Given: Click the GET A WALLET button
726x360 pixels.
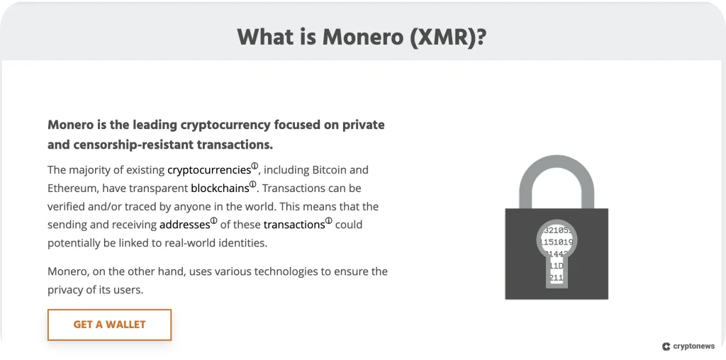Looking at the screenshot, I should [x=109, y=325].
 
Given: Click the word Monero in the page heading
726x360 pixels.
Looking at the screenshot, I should [x=364, y=37].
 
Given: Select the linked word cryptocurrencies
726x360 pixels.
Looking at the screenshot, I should [x=208, y=170].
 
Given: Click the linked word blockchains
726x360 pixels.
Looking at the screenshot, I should [x=219, y=189].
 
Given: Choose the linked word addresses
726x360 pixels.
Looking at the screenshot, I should [x=184, y=225].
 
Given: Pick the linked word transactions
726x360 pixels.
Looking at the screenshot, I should [x=294, y=225].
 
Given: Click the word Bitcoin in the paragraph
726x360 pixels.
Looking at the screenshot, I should [x=330, y=170].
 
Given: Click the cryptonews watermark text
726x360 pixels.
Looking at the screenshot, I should [x=693, y=347].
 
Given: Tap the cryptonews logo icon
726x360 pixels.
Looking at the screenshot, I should [x=666, y=347].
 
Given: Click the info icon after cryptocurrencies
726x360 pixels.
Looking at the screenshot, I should [x=255, y=167].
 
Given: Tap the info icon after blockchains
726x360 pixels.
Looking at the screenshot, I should [x=252, y=185].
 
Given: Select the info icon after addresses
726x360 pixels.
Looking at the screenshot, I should [x=213, y=221].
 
